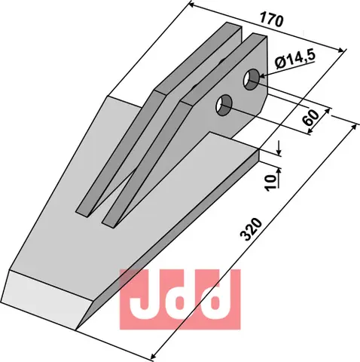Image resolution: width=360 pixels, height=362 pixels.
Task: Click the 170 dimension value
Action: pyautogui.click(x=273, y=21)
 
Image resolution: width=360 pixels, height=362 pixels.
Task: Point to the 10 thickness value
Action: pyautogui.click(x=269, y=182)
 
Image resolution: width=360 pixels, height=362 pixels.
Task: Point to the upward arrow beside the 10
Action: pyautogui.click(x=279, y=174)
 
